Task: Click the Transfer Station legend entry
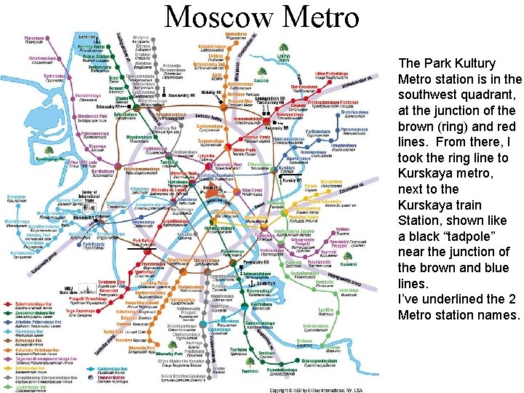[x=111, y=378]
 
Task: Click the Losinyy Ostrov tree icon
[x=285, y=49]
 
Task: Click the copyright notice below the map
[x=323, y=389]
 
